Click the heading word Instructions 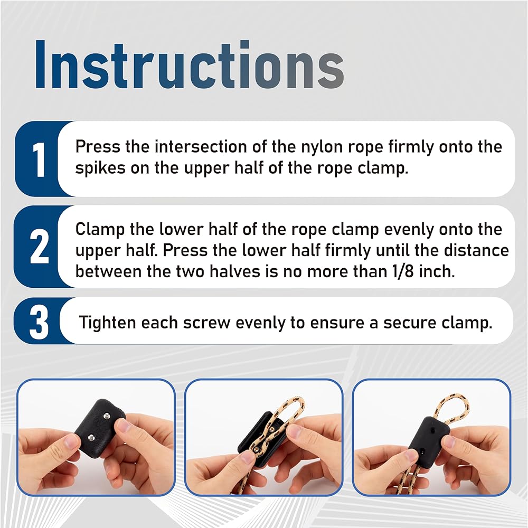pos(190,64)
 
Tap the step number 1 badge pos(40,159)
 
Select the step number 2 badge pos(40,247)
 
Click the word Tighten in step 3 pos(107,323)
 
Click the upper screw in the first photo pos(107,416)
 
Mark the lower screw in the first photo pos(91,437)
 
